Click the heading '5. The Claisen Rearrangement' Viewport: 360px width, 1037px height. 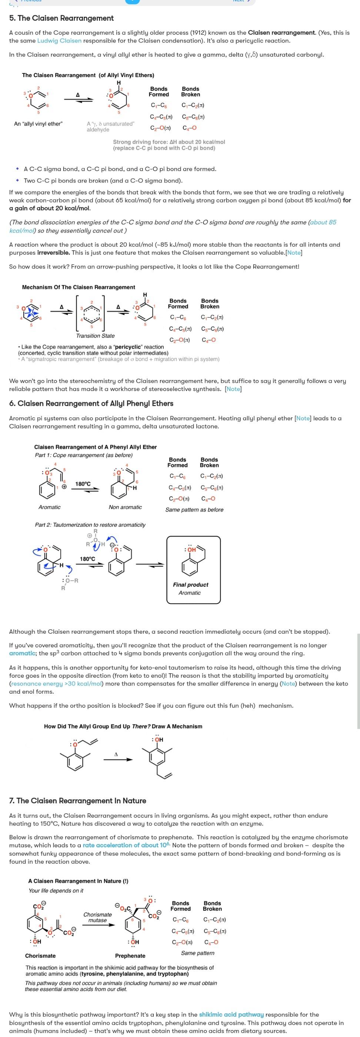coord(61,18)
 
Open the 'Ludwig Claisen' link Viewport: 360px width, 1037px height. coord(59,41)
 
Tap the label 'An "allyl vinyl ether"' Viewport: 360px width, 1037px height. coord(38,124)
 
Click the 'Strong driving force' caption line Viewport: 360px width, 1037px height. coord(169,142)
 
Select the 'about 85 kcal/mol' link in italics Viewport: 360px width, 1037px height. coord(322,222)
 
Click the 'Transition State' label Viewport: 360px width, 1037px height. coord(95,336)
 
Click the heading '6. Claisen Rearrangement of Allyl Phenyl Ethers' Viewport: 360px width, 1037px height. coord(91,403)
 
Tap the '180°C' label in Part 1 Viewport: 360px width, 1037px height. coord(83,483)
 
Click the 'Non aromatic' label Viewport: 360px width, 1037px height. coord(125,507)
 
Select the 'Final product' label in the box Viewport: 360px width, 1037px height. coord(190,584)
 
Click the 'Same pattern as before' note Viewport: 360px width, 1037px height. coord(194,510)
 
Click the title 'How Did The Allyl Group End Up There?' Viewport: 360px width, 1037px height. coord(123,726)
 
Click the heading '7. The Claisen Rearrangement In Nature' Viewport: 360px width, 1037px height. coord(77,801)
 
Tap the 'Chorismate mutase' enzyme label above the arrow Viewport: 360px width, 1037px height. coord(97,917)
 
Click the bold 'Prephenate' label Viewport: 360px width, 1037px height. coord(130,956)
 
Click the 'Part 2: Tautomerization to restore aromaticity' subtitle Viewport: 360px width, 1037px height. coord(90,525)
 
